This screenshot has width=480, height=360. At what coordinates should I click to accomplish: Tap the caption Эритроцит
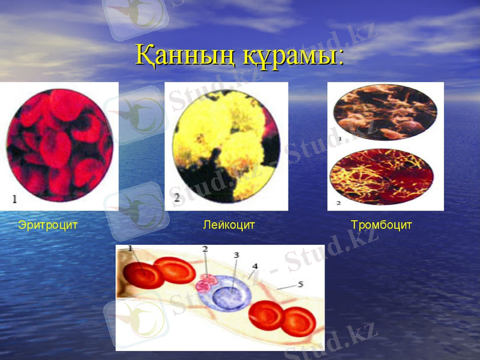(x=48, y=226)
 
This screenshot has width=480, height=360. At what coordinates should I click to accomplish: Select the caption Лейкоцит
(x=229, y=226)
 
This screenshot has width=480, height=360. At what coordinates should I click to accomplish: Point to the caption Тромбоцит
(x=382, y=226)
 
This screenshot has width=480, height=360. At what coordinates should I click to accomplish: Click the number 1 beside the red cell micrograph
(x=14, y=197)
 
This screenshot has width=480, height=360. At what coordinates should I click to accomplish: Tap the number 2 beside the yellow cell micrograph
(x=176, y=196)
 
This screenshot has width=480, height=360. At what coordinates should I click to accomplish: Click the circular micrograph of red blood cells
(x=60, y=145)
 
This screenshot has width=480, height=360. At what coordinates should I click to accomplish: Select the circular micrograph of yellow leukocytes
(x=227, y=146)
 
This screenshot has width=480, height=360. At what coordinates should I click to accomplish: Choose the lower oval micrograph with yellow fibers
(x=382, y=177)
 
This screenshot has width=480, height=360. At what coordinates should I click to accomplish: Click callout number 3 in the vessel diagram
(x=236, y=255)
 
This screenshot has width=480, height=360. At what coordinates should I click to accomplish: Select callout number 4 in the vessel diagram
(x=255, y=265)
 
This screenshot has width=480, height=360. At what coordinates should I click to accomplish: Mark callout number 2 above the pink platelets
(x=205, y=248)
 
